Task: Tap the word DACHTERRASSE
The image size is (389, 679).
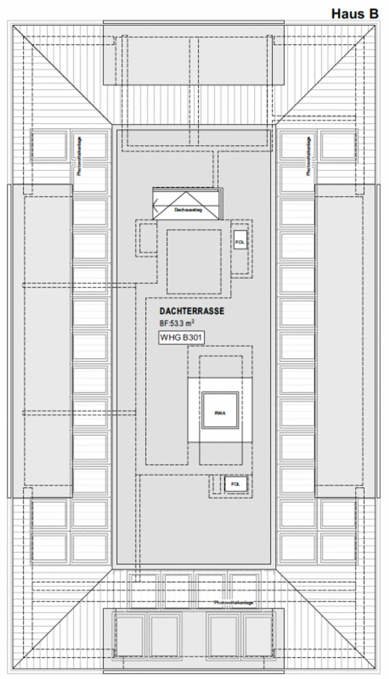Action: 192,311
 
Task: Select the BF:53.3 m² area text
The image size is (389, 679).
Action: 177,323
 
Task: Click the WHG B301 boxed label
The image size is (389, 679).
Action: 181,337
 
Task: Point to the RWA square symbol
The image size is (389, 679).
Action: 220,413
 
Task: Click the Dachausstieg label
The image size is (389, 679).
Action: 188,210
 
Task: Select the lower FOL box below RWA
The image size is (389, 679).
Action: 236,484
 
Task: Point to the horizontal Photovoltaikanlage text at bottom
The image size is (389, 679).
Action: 234,603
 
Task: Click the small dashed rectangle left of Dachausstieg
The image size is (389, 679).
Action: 148,238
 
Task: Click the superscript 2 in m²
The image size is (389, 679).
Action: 193,321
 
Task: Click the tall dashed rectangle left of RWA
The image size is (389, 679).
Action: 167,405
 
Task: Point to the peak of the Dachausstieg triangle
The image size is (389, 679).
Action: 186,192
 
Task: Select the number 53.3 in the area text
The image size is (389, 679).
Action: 177,323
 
